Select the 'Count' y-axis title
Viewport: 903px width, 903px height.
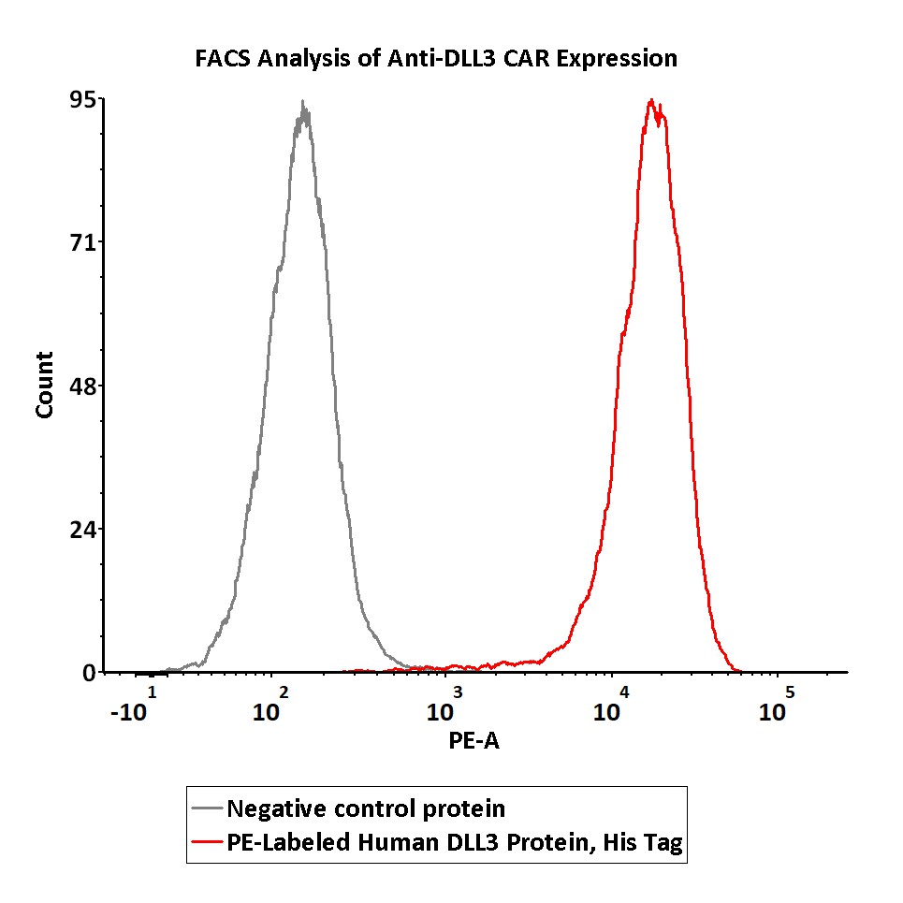44,385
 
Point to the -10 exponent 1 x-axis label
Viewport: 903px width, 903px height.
132,706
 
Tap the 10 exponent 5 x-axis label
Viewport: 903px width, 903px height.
776,706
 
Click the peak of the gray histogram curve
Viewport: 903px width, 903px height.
302,103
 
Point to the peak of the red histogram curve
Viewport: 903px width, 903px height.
650,100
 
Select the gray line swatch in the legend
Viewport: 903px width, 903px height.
207,808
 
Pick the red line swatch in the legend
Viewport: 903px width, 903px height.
207,842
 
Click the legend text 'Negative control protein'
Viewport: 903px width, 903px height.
367,808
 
